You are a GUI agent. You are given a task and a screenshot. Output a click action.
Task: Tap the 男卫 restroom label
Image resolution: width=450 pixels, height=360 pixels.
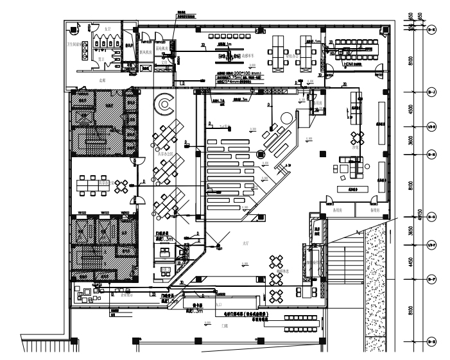point(101,57)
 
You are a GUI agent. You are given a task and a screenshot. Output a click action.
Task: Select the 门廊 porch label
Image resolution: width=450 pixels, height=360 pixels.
point(225,327)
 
